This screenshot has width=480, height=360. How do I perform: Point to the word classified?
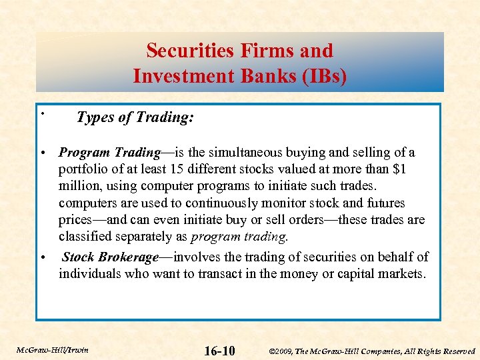pyautogui.click(x=84, y=236)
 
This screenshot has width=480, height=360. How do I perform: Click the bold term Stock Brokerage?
pyautogui.click(x=110, y=257)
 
